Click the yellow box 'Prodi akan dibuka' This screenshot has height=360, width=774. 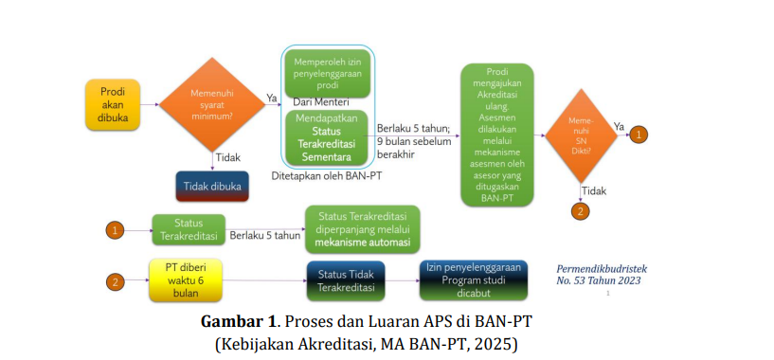113,105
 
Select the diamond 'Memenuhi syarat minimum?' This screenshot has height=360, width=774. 212,105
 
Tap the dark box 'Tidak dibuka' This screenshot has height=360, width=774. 212,187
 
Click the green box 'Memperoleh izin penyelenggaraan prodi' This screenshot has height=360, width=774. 327,74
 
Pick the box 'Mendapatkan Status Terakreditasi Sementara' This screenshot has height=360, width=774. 327,137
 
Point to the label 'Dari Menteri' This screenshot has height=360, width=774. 321,102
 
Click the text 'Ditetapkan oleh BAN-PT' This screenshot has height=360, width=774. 327,176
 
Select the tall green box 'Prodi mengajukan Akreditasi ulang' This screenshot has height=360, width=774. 497,135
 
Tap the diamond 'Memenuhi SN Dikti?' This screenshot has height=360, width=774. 581,135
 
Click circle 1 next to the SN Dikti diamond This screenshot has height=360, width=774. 639,135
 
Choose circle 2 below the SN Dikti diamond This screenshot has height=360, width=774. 581,211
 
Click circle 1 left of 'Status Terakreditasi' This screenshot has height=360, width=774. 115,230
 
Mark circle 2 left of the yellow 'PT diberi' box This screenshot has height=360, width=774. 115,282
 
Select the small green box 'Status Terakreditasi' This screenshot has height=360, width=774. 189,229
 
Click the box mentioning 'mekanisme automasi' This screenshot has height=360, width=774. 363,229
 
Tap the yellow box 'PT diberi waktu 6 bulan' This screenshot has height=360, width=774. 186,280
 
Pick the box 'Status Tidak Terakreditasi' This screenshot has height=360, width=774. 346,281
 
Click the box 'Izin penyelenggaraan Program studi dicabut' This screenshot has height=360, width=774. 474,280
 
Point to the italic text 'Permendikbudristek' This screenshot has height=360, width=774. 602,269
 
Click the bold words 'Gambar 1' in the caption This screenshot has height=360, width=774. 237,322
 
